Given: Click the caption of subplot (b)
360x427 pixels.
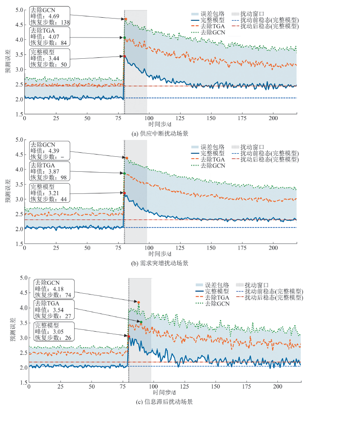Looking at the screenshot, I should (161, 263).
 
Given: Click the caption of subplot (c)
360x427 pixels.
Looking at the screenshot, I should (163, 402).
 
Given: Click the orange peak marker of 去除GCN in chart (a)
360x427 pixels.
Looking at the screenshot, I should (126, 19).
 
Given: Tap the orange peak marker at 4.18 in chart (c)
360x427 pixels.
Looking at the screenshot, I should (139, 302).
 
